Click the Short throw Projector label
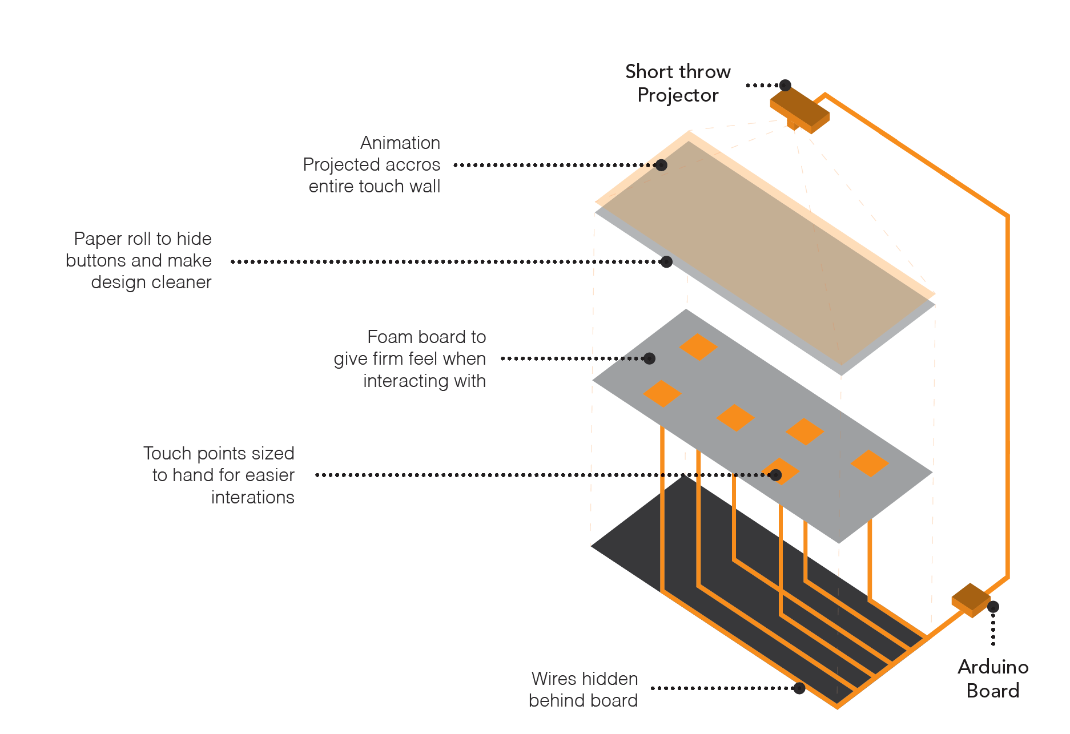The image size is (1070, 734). point(678,83)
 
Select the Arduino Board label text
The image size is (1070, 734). point(993,679)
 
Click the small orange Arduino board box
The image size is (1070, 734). point(971,600)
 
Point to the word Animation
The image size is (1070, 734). point(400,143)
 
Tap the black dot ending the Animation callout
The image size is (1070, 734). point(661,165)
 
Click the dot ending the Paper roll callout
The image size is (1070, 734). point(666,262)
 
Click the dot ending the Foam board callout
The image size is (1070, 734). point(649,358)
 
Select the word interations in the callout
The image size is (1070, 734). point(253,498)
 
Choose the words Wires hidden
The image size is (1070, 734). point(585,679)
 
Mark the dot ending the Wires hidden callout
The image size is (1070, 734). point(799,688)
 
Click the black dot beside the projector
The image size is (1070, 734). point(786,85)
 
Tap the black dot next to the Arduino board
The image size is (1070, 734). point(993,607)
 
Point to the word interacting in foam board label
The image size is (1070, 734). point(406,381)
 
